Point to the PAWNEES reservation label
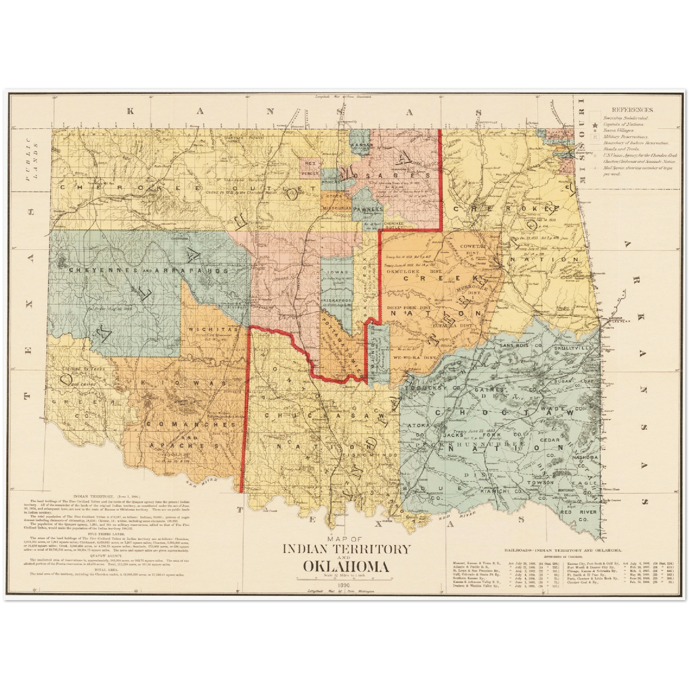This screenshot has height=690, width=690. [x=369, y=209]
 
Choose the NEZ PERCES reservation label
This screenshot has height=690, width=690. [x=309, y=168]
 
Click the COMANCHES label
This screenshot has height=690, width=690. [x=191, y=424]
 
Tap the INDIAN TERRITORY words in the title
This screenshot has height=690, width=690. [x=346, y=549]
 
